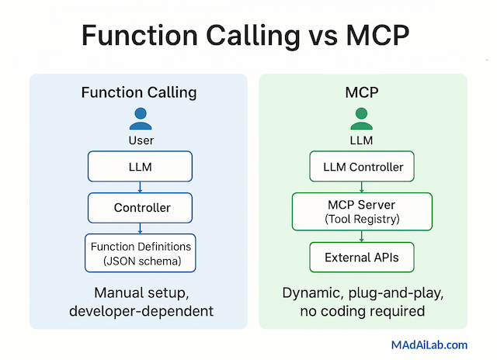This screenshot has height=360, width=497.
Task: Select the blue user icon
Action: (x=140, y=118)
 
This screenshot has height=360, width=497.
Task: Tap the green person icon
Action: (x=362, y=118)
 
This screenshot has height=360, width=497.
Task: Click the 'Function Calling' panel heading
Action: (x=139, y=93)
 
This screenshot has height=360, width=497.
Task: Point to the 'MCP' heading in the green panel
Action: (x=362, y=93)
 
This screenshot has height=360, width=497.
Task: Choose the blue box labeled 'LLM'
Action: (x=140, y=167)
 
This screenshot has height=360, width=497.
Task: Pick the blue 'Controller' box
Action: (x=140, y=207)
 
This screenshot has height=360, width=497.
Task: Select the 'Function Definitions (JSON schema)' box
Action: (x=140, y=253)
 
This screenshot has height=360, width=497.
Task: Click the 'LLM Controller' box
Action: (x=362, y=165)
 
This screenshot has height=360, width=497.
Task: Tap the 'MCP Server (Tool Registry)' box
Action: (x=362, y=211)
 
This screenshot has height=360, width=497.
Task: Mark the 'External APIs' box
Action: (x=362, y=257)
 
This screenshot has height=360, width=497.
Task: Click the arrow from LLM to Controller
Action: (x=140, y=187)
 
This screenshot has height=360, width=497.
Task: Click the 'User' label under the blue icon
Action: (x=141, y=140)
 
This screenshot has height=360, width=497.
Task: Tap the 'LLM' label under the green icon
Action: (x=362, y=140)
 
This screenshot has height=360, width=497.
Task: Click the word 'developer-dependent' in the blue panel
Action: (x=140, y=312)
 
